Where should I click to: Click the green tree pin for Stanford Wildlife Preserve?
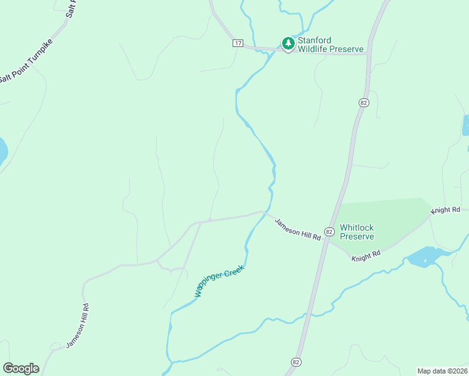(x=288, y=43)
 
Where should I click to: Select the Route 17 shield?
(x=238, y=43)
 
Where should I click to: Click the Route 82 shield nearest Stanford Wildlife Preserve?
(x=364, y=102)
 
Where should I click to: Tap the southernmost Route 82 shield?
(x=296, y=362)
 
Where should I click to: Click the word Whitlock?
(x=356, y=227)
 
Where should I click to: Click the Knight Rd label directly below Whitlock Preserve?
(x=366, y=256)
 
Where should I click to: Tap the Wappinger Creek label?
(x=218, y=281)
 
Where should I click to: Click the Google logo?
(x=21, y=368)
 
